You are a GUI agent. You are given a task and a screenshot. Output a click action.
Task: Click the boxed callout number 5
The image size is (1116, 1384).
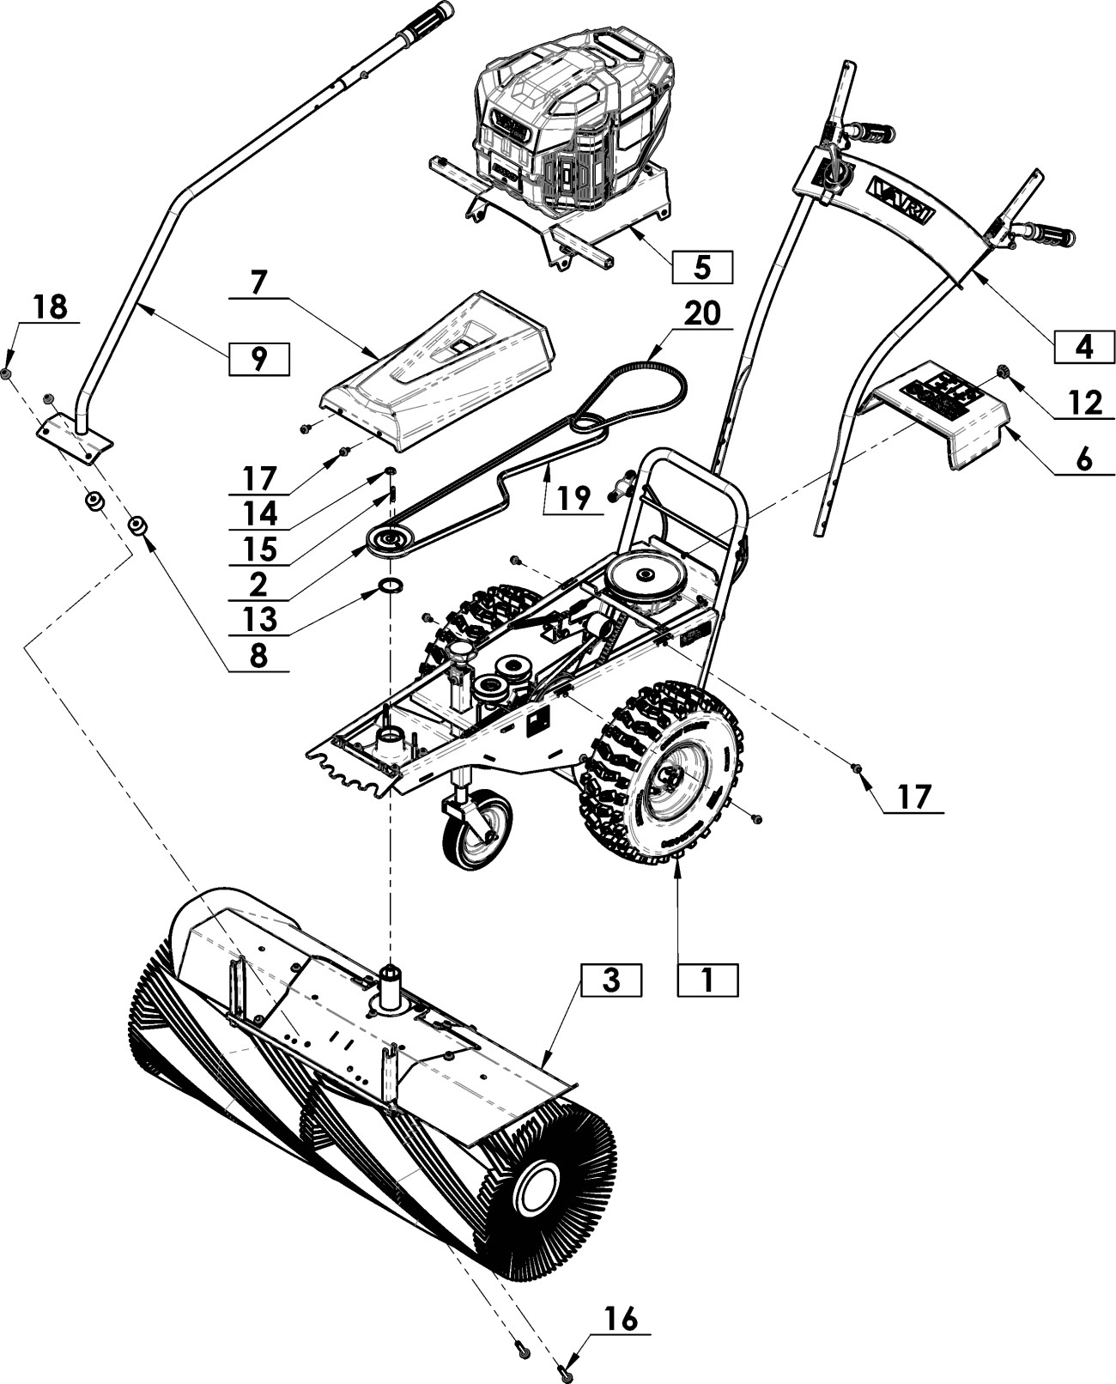701,265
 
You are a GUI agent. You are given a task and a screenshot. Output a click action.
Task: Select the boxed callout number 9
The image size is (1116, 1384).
258,359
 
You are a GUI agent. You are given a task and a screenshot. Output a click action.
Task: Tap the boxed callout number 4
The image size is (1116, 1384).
1084,347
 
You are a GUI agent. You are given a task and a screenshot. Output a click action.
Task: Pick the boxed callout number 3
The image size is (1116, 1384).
610,980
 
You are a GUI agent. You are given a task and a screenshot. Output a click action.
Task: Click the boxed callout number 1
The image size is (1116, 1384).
707,980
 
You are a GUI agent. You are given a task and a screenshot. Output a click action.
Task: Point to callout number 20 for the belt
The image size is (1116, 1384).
702,313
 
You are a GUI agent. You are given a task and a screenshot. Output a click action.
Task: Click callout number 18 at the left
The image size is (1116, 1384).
50,307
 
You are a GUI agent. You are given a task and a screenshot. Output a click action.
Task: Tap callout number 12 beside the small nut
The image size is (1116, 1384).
1085,404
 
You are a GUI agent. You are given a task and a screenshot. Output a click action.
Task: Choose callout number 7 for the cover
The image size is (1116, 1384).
258,282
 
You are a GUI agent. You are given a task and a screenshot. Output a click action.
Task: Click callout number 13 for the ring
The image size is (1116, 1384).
260,619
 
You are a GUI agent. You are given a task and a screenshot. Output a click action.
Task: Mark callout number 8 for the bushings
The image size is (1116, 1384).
258,657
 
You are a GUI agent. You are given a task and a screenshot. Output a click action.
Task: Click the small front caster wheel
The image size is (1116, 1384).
476,832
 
